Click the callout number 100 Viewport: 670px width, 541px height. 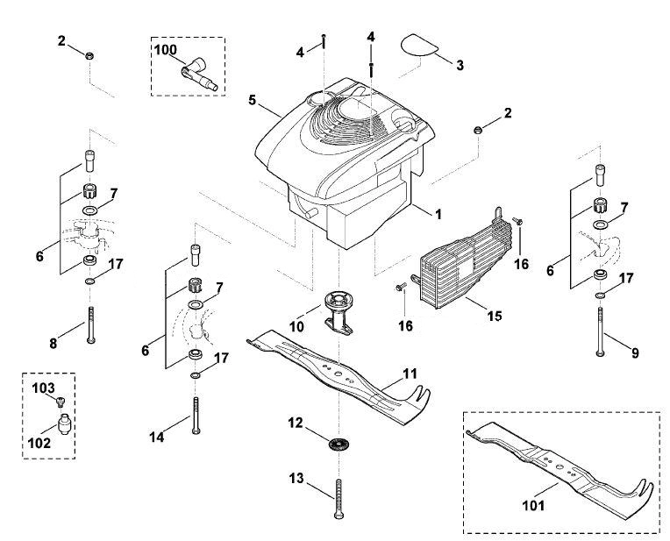tap(166, 50)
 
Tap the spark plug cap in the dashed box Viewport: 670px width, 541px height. tap(200, 75)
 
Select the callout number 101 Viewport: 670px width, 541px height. tap(533, 506)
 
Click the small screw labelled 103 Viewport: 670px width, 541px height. tap(61, 401)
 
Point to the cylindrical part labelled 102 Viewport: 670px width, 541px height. tap(64, 424)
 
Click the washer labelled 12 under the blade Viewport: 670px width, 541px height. tap(339, 444)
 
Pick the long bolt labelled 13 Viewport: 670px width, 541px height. tap(339, 499)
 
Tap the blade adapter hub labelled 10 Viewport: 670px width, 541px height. tap(339, 312)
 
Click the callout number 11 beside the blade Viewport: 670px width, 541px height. tap(410, 374)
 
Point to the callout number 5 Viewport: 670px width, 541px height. tap(252, 101)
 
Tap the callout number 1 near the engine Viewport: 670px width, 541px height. tap(438, 214)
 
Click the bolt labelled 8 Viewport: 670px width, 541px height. tap(90, 324)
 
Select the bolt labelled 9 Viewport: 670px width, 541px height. tap(601, 331)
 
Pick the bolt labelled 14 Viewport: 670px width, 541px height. tap(196, 416)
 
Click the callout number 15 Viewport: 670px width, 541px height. tap(495, 316)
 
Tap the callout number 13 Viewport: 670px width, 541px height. tap(296, 478)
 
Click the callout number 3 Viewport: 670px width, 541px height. tap(460, 66)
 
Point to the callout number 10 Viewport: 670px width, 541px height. tap(296, 326)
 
